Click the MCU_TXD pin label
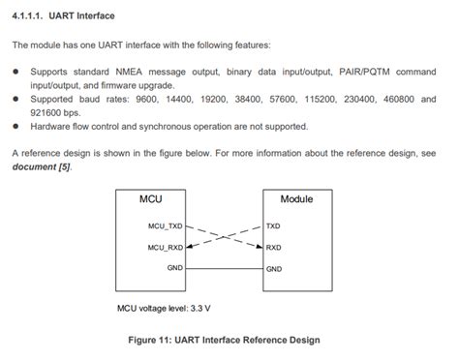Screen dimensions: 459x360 pos(165,227)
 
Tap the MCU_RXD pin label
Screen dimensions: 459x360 pos(165,248)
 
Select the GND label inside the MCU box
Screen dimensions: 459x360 pos(174,268)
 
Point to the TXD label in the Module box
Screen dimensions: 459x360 pos(273,227)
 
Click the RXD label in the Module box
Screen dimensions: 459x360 pos(273,248)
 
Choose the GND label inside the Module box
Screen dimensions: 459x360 pos(274,268)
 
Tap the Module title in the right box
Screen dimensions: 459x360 pos(296,199)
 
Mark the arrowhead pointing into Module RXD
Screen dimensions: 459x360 pos(259,247)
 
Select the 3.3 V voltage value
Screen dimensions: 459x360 pos(200,310)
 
